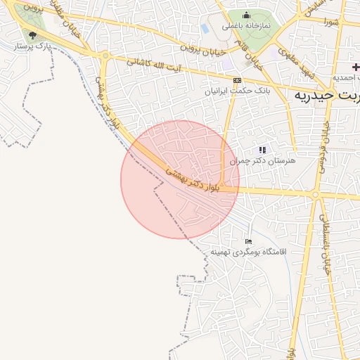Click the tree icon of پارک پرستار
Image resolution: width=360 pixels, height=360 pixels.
[32, 35]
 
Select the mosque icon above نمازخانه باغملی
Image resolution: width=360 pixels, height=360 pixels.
[246, 15]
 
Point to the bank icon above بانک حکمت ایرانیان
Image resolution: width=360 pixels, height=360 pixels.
[237, 80]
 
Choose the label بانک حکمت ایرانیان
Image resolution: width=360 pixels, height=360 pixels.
[228, 91]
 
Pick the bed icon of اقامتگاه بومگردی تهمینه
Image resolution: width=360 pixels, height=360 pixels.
[248, 241]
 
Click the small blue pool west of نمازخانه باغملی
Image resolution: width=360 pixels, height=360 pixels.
[205, 29]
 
